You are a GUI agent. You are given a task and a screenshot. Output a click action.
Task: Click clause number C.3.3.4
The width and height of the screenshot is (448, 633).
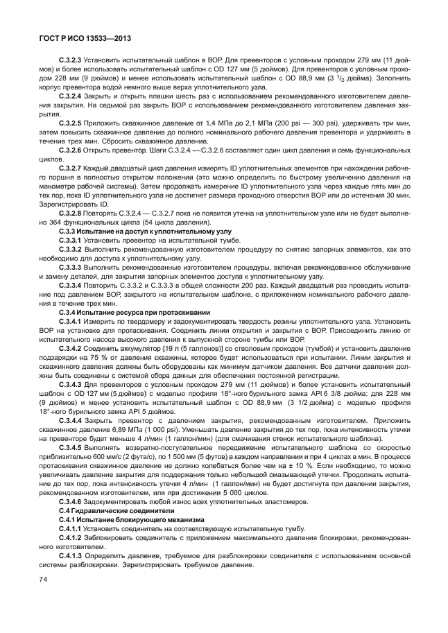click(x=70, y=285)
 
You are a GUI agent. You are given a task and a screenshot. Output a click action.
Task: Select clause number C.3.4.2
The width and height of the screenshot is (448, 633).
click(x=70, y=348)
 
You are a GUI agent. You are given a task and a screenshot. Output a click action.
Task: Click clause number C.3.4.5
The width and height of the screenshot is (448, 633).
click(x=70, y=447)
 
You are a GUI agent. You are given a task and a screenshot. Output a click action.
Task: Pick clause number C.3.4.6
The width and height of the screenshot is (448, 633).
click(x=70, y=501)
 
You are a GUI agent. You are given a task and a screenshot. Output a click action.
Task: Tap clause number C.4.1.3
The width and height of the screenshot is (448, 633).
click(x=70, y=555)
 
